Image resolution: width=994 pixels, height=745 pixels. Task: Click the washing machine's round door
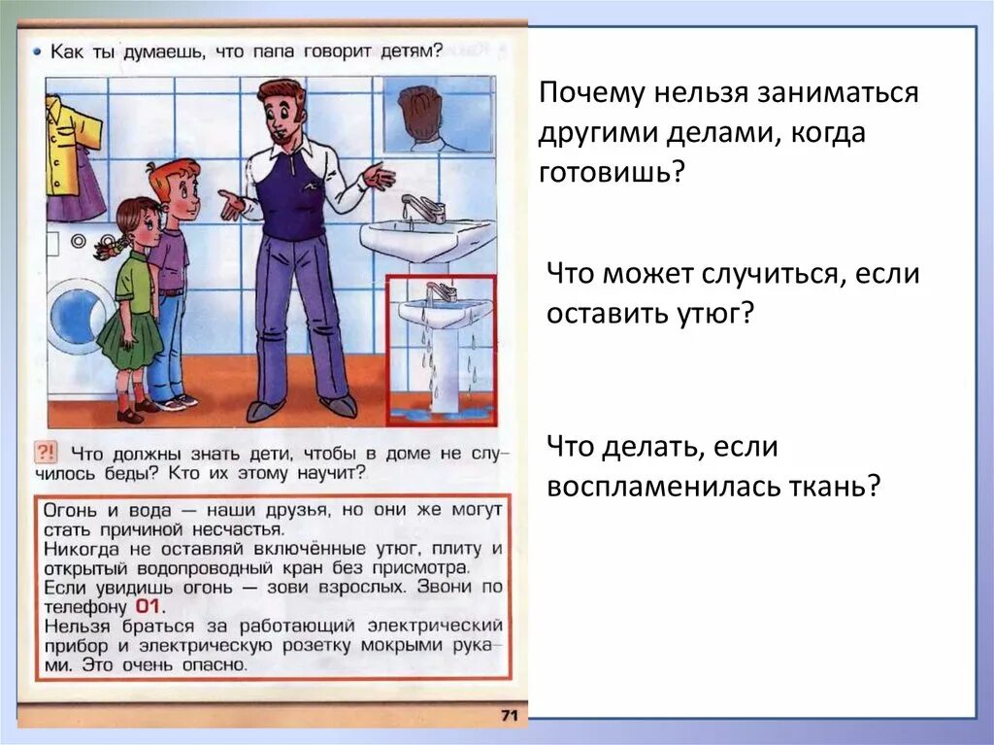[x=78, y=317]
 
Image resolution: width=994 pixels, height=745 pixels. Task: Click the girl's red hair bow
[x=109, y=248]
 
